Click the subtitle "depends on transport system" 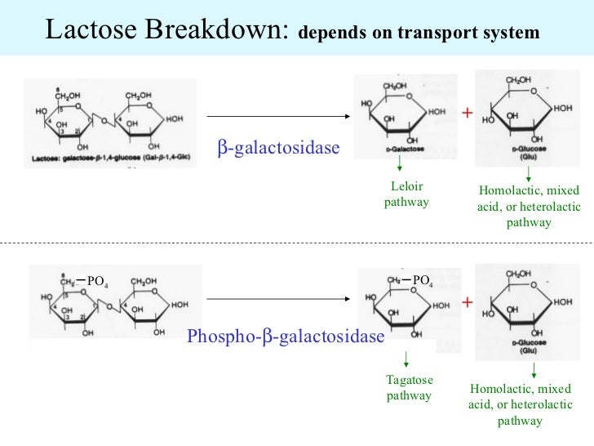tap(419, 34)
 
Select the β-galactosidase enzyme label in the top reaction tap(277, 148)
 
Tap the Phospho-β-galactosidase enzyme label tap(285, 337)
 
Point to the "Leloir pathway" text tap(406, 194)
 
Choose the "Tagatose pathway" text tap(409, 388)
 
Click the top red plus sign tap(467, 113)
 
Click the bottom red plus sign tap(467, 303)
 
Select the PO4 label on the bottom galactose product tap(423, 281)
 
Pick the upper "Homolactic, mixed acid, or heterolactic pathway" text tap(528, 207)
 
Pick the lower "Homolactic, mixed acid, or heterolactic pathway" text tap(520, 404)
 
